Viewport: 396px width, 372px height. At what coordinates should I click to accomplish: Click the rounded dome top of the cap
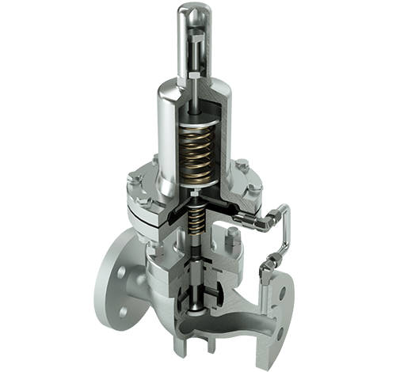click(198, 13)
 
